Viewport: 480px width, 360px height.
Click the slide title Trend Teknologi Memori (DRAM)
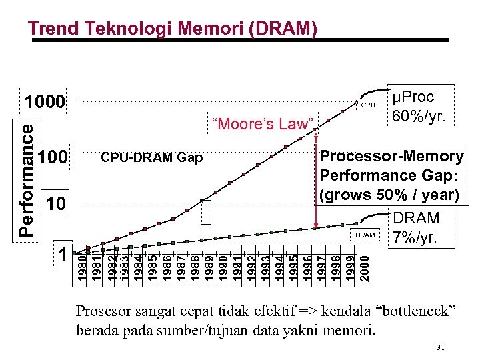(172, 28)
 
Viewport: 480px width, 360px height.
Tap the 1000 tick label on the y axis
(45, 103)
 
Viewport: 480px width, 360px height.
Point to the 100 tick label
(53, 158)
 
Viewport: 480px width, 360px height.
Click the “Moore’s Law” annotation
(262, 123)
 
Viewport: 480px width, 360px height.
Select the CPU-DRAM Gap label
(151, 158)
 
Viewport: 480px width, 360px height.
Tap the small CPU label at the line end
(368, 105)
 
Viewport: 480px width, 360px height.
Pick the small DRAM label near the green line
(365, 235)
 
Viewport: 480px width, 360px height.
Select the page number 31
(440, 347)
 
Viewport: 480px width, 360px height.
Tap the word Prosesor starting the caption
(102, 311)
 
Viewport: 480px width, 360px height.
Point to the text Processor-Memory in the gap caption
(392, 157)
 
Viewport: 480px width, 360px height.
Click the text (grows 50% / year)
(390, 195)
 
